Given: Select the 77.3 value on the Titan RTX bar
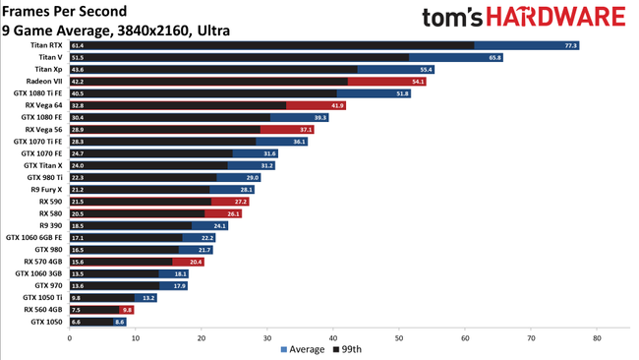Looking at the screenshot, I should pyautogui.click(x=570, y=45).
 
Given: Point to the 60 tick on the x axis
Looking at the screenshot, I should pyautogui.click(x=465, y=337).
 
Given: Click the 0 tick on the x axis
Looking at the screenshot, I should pyautogui.click(x=69, y=337).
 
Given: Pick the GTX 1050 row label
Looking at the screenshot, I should pyautogui.click(x=47, y=322).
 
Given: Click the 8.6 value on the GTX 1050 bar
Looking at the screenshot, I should pyautogui.click(x=120, y=322).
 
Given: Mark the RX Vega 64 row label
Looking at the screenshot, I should pyautogui.click(x=44, y=105).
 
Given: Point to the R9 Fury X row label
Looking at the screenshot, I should pyautogui.click(x=45, y=189).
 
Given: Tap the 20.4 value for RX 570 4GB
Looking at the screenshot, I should pyautogui.click(x=196, y=262).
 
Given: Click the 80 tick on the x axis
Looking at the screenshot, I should pyautogui.click(x=597, y=337).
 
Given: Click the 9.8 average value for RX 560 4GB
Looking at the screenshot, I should pyautogui.click(x=126, y=310).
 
